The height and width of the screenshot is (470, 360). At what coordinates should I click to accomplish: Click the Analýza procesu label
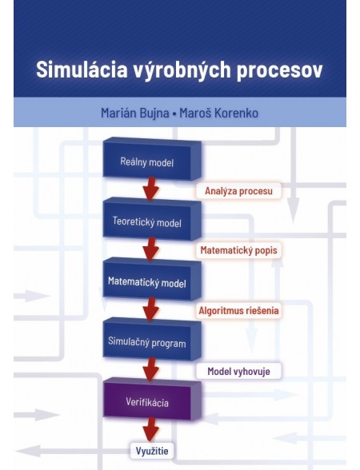tap(238, 191)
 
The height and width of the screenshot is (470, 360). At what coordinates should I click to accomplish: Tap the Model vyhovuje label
tap(238, 371)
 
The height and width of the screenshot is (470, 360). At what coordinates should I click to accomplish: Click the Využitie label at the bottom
tap(152, 451)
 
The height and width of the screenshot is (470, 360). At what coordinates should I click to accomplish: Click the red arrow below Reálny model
tap(149, 191)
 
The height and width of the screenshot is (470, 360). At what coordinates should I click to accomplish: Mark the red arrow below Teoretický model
tap(149, 251)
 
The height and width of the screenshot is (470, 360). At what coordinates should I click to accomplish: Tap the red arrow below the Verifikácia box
tap(149, 430)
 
